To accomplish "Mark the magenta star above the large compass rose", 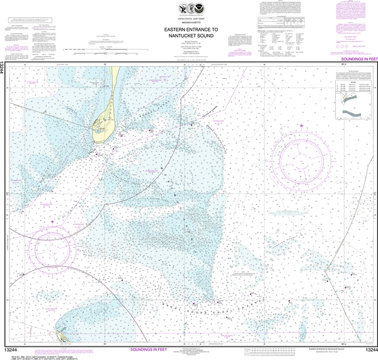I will tap(302, 127).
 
